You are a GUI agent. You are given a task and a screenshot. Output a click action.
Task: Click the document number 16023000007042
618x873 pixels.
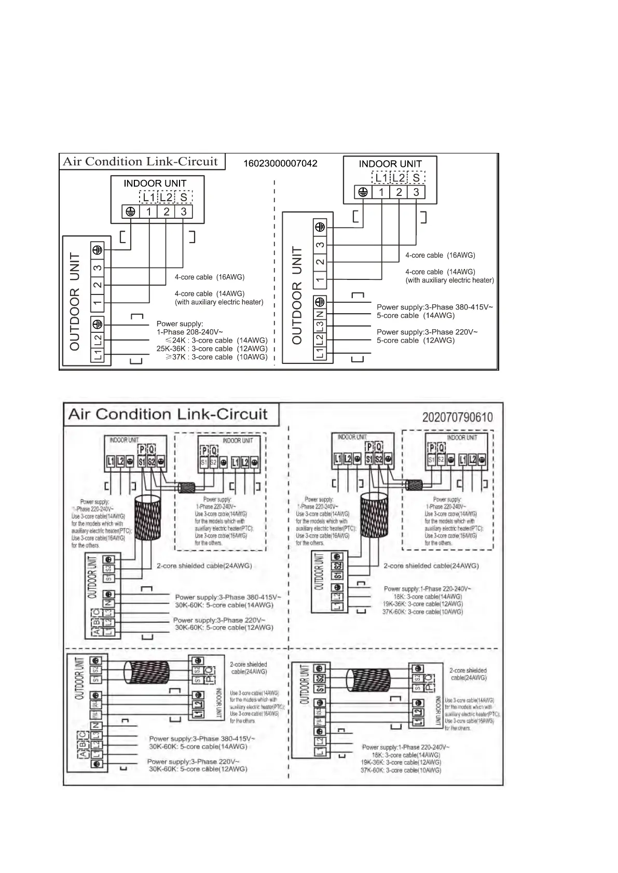[280, 163]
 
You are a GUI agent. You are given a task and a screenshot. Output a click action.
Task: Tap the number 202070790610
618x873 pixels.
[457, 417]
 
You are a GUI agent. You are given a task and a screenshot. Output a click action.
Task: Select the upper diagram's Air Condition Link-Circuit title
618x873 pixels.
[140, 161]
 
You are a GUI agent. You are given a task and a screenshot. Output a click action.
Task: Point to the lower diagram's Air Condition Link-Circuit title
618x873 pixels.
[168, 414]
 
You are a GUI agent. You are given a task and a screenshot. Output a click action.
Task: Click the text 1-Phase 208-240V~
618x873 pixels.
[190, 332]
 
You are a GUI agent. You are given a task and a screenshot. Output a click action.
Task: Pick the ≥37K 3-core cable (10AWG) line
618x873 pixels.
[216, 357]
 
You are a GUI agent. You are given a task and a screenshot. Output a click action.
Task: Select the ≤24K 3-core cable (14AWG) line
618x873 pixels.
[216, 340]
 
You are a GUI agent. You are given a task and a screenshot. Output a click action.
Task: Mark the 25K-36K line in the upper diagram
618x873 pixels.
[212, 348]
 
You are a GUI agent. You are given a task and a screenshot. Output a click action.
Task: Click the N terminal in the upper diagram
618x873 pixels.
[320, 314]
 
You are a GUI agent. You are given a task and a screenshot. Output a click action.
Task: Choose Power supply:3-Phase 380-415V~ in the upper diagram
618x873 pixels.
[434, 307]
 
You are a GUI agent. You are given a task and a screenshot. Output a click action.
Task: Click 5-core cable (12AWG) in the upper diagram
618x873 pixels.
[415, 340]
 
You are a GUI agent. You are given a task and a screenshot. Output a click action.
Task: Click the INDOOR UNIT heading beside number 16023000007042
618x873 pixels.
[390, 164]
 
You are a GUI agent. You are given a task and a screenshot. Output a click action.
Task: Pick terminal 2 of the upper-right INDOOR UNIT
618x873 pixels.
[399, 192]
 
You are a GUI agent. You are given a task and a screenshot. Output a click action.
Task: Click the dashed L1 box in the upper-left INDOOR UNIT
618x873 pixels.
[148, 197]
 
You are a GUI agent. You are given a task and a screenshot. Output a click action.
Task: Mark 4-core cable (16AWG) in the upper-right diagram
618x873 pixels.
[440, 255]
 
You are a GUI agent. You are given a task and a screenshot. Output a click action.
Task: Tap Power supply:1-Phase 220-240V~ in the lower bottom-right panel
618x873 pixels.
[405, 747]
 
